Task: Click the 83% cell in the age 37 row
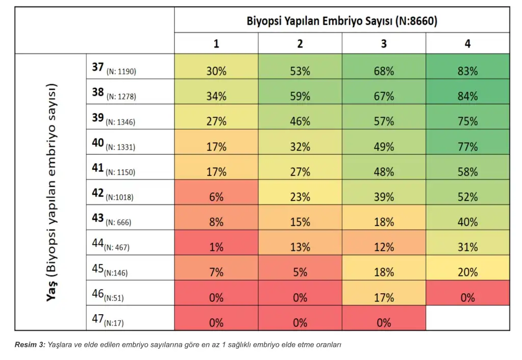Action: [x=467, y=71]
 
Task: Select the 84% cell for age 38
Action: [x=467, y=96]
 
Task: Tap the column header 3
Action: [x=384, y=44]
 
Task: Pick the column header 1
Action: [x=216, y=44]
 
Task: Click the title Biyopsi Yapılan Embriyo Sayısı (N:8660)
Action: [x=342, y=21]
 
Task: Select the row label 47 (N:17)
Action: [x=108, y=321]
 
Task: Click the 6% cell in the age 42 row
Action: [x=216, y=197]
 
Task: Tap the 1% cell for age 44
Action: [x=216, y=247]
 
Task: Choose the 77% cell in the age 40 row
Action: [x=467, y=147]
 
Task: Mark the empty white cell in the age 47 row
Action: [x=467, y=318]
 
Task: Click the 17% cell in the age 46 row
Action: [x=384, y=298]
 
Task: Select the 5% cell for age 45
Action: [x=300, y=272]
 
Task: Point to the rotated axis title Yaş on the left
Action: [x=51, y=293]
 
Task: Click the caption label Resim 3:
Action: [x=30, y=345]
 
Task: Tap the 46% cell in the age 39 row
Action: [x=300, y=122]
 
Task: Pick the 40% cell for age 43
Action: [x=467, y=222]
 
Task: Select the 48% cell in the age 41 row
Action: [x=384, y=172]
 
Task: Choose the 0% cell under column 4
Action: [x=467, y=298]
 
